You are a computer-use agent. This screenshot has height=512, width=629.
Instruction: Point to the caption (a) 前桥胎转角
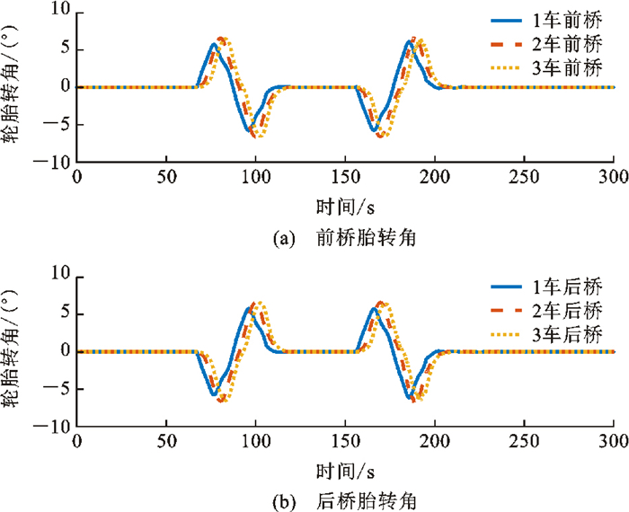[344, 239]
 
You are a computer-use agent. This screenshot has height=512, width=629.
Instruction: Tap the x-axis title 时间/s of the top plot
[345, 207]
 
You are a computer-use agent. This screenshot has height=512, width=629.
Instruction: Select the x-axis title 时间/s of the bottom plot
[345, 469]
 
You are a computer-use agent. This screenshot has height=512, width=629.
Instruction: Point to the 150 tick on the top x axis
[345, 177]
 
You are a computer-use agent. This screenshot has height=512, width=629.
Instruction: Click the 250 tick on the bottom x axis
[524, 441]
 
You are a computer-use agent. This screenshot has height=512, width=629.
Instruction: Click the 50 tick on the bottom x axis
[166, 441]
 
